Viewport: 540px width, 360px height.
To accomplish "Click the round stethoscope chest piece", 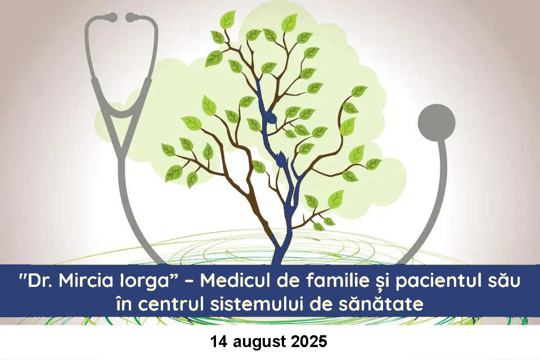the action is click(x=436, y=122).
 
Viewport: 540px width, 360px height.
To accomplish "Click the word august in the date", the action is click(x=259, y=343).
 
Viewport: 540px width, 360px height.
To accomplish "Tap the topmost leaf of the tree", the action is click(x=228, y=19).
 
